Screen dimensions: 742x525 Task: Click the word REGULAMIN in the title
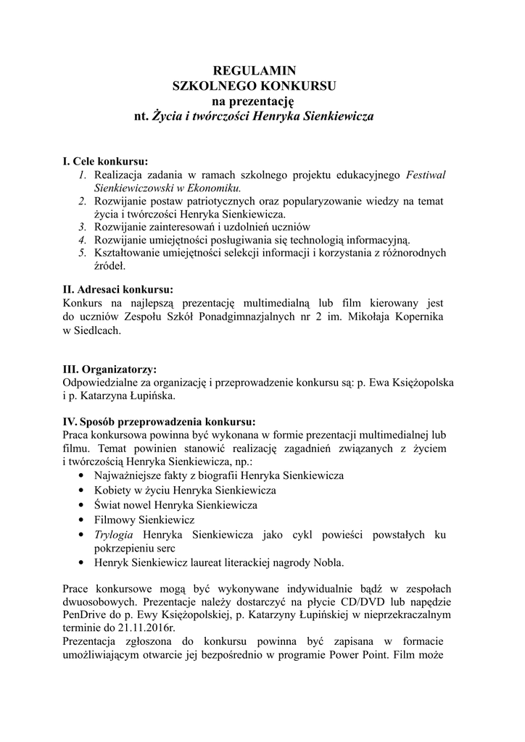254,70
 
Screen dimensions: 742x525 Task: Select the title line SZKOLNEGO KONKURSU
254,86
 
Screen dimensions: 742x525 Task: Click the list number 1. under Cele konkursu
83,175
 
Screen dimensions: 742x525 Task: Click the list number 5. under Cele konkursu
83,253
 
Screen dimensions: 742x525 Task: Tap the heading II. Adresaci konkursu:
118,289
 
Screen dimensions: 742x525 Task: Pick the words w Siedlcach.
91,330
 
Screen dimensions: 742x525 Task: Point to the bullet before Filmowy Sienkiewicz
80,520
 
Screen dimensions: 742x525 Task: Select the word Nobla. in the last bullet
328,562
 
